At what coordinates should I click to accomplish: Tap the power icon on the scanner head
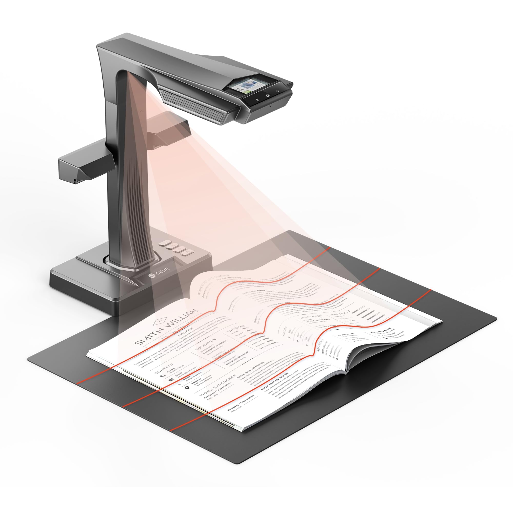pos(277,91)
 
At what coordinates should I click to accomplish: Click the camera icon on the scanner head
pos(268,95)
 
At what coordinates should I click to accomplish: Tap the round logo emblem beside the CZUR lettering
pos(150,276)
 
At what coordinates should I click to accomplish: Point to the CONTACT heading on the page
pos(164,369)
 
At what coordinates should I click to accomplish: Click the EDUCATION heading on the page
pos(205,344)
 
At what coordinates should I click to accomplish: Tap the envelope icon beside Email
pos(171,380)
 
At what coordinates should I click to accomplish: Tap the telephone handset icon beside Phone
pos(163,375)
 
